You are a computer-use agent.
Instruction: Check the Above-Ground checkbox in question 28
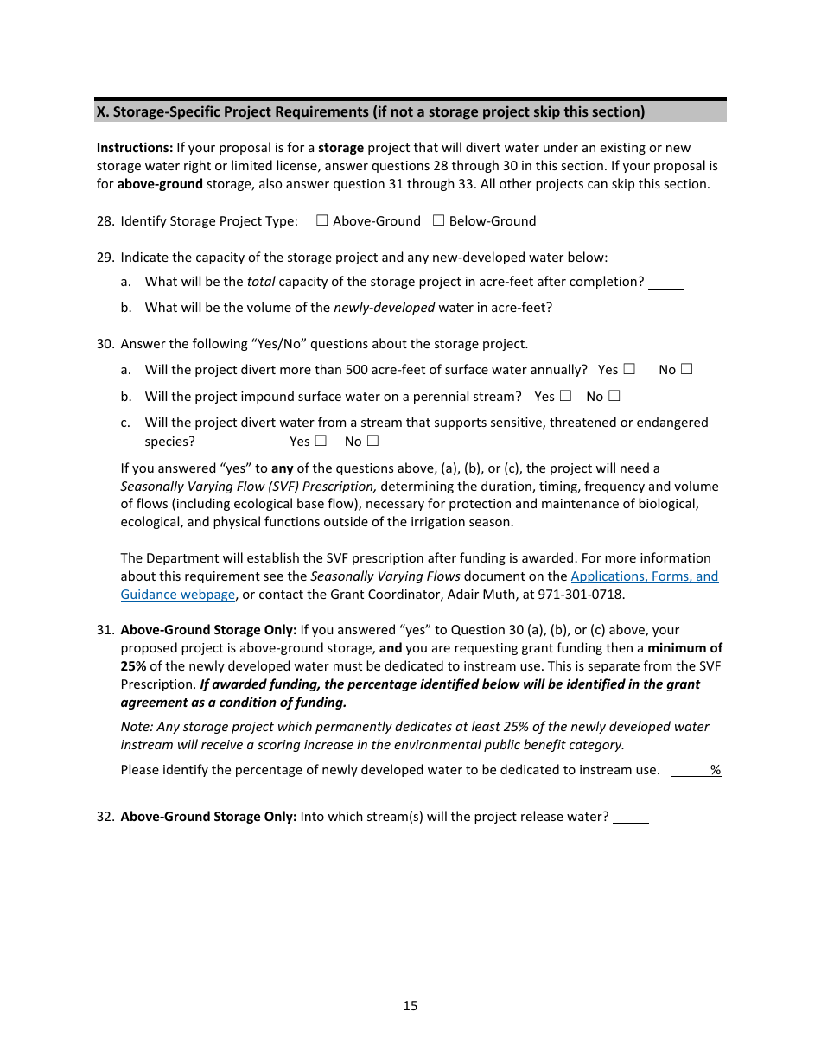pyautogui.click(x=321, y=220)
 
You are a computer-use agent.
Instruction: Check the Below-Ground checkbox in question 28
pyautogui.click(x=438, y=220)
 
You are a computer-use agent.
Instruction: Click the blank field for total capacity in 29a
pyautogui.click(x=665, y=283)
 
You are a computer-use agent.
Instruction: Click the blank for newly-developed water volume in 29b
pyautogui.click(x=574, y=309)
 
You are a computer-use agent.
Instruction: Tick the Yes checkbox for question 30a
pyautogui.click(x=629, y=369)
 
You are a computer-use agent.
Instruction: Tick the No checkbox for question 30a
pyautogui.click(x=686, y=369)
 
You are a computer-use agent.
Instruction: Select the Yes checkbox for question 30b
pyautogui.click(x=565, y=396)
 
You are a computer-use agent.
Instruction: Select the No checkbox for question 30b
pyautogui.click(x=614, y=396)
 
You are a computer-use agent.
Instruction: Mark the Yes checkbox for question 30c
pyautogui.click(x=321, y=441)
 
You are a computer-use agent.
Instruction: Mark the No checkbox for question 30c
pyautogui.click(x=372, y=441)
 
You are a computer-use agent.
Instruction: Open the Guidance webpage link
pyautogui.click(x=178, y=595)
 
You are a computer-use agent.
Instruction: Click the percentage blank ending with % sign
pyautogui.click(x=691, y=770)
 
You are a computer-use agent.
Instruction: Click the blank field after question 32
pyautogui.click(x=631, y=817)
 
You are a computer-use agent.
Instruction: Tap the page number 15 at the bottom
pyautogui.click(x=410, y=1005)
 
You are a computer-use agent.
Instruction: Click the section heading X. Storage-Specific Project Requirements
pyautogui.click(x=370, y=111)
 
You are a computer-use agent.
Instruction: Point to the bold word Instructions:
pyautogui.click(x=135, y=148)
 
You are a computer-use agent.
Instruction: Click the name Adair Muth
pyautogui.click(x=486, y=595)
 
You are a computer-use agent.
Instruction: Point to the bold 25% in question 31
pyautogui.click(x=133, y=666)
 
